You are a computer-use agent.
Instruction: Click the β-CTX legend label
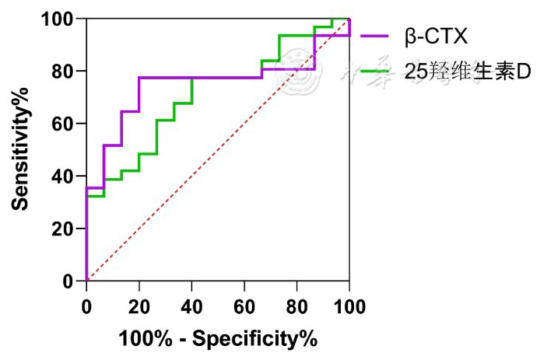coord(438,35)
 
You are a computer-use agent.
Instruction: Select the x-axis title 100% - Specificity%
coord(218,340)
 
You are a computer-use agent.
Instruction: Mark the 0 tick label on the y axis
coord(69,281)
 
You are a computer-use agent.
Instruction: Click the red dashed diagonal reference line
coord(218,150)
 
